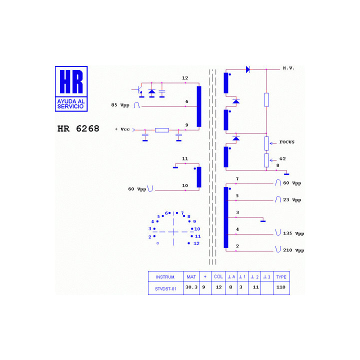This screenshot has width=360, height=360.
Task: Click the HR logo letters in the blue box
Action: (71, 81)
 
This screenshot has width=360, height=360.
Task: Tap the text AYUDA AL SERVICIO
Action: (71, 104)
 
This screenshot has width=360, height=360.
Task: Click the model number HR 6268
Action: (78, 128)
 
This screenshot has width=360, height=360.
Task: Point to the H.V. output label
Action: (288, 68)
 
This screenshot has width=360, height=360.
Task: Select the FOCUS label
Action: (287, 142)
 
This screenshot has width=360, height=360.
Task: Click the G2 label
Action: (282, 158)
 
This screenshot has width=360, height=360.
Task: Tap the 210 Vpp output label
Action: (293, 250)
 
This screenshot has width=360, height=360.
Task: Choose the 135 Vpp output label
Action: (293, 233)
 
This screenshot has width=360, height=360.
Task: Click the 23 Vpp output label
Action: (292, 200)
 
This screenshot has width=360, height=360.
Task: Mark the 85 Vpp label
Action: (120, 105)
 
